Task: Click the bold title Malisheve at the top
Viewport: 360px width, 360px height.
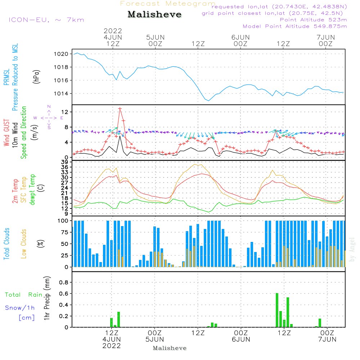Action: point(154,15)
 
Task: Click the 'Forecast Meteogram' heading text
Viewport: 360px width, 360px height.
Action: point(168,4)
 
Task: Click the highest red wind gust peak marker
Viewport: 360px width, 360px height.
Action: point(120,108)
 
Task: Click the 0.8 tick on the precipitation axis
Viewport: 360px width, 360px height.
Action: point(64,282)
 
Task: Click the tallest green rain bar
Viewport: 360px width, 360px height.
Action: point(277,310)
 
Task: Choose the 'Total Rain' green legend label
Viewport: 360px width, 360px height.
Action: point(23,295)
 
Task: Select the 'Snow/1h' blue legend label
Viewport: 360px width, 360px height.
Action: point(20,308)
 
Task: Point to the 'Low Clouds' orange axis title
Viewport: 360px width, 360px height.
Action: point(24,243)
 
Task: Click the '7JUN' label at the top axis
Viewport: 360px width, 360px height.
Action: point(325,37)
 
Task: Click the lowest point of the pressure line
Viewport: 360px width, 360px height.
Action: point(208,101)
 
